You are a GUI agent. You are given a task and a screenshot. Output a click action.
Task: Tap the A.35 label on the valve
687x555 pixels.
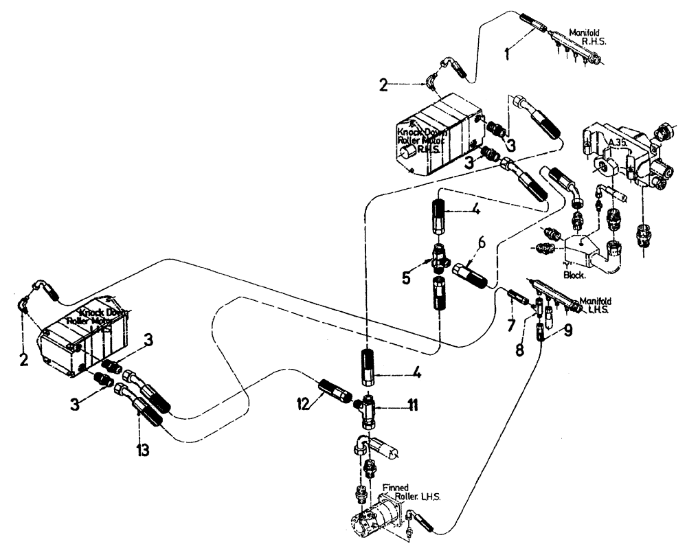click(x=618, y=144)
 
